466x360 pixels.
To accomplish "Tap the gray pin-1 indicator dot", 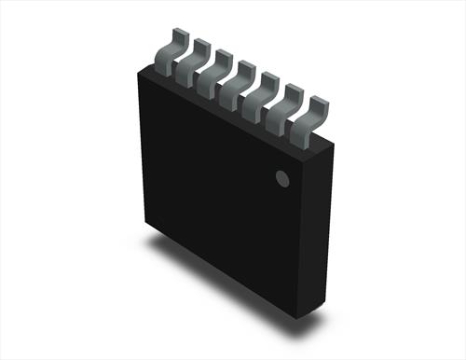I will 281,178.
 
